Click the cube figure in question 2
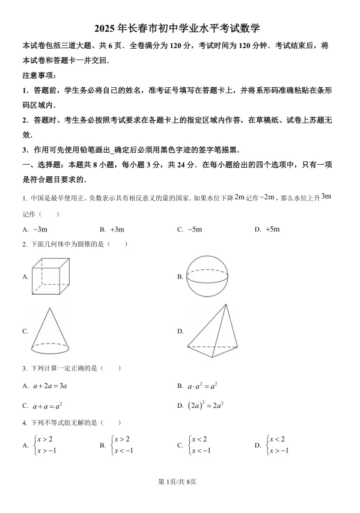[50, 276]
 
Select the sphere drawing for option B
[208, 275]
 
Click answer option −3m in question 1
[40, 229]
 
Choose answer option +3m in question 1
[117, 229]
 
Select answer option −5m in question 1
[194, 229]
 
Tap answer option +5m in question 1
[272, 229]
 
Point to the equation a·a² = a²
[203, 386]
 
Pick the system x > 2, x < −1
[122, 445]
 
